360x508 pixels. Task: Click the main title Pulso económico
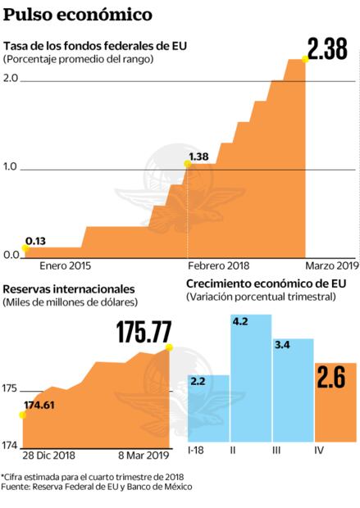click(66, 14)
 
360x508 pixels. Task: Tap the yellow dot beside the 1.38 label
click(187, 164)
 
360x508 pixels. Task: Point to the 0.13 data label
click(35, 240)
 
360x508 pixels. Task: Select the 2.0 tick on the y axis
click(11, 78)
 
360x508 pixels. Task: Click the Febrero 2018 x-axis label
click(219, 265)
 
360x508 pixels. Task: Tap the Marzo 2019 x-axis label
click(332, 265)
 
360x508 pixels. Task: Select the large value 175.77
click(144, 332)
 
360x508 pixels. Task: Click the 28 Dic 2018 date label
click(48, 455)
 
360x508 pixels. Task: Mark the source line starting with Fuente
click(97, 487)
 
